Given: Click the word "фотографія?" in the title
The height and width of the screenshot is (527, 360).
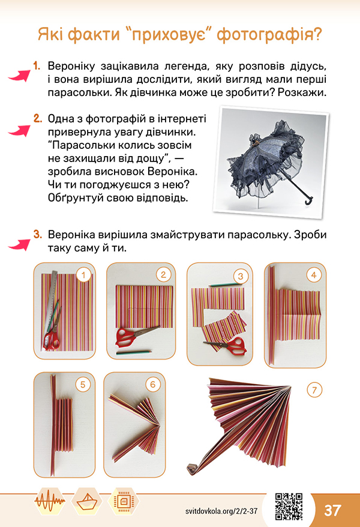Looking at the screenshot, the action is [x=269, y=35].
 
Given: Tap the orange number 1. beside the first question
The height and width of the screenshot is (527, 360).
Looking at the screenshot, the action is [x=37, y=65].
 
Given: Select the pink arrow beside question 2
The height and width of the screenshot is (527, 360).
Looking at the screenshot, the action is [x=19, y=130].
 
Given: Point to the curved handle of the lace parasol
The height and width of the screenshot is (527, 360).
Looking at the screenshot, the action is [x=308, y=199].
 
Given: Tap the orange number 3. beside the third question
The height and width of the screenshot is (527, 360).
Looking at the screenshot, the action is [x=38, y=234].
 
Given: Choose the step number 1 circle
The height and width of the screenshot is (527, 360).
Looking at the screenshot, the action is [x=83, y=276].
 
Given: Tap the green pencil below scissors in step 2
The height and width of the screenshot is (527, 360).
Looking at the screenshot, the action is [x=134, y=352].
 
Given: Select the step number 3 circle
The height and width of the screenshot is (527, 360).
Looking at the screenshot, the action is [x=241, y=276].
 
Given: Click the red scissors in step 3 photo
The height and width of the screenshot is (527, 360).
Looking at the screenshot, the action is [x=229, y=346].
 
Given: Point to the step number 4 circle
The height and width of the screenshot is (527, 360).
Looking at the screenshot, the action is [x=314, y=276].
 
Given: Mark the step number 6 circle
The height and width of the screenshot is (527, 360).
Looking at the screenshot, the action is [x=153, y=384].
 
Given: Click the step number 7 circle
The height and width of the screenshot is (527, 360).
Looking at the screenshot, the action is [x=314, y=390].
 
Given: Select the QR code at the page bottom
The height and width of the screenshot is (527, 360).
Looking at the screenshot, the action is [x=289, y=506].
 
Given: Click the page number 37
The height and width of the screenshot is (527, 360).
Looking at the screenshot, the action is [x=333, y=510].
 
